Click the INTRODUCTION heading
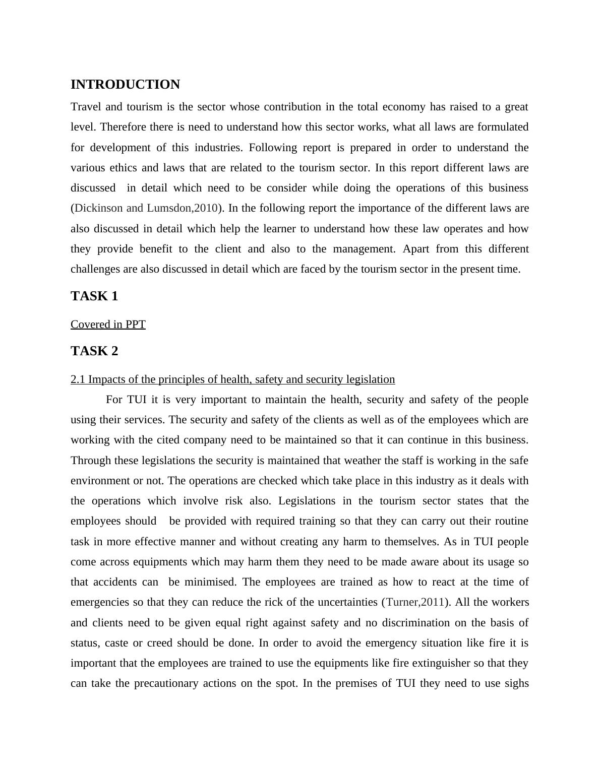pos(125,85)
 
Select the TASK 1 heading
pos(94,296)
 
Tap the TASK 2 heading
pos(94,351)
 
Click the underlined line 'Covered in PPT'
pos(108,325)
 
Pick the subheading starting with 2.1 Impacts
pos(232,379)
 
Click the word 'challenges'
pos(95,269)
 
